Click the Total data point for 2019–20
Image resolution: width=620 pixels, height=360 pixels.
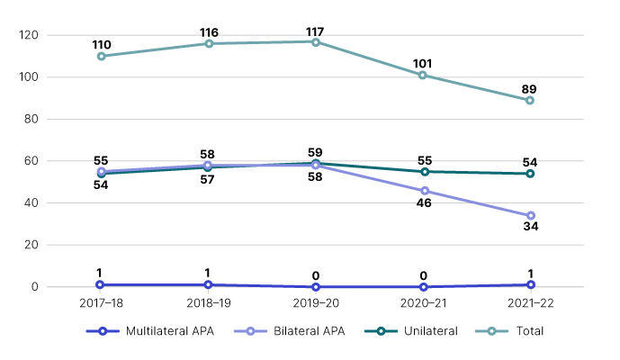tap(316, 41)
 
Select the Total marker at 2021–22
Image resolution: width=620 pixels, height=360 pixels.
tap(530, 100)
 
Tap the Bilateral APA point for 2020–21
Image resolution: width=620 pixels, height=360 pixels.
tap(423, 191)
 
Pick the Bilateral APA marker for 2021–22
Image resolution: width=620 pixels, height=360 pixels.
tap(530, 216)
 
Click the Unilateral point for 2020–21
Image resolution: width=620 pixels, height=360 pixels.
tap(423, 171)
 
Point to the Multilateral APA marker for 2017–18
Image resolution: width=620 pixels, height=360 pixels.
tap(102, 284)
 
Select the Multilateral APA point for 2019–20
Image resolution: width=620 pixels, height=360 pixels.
tap(316, 287)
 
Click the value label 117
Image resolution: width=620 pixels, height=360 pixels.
tap(316, 31)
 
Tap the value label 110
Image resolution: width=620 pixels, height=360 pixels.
tap(102, 44)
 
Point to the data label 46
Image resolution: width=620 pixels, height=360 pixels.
tap(423, 204)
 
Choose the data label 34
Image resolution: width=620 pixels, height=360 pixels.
tap(530, 229)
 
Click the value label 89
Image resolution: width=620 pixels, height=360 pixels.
tap(530, 88)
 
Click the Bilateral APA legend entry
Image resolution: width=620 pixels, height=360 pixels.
tap(310, 331)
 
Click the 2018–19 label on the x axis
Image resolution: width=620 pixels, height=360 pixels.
tap(209, 304)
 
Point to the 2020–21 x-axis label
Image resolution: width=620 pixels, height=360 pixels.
tap(423, 304)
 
